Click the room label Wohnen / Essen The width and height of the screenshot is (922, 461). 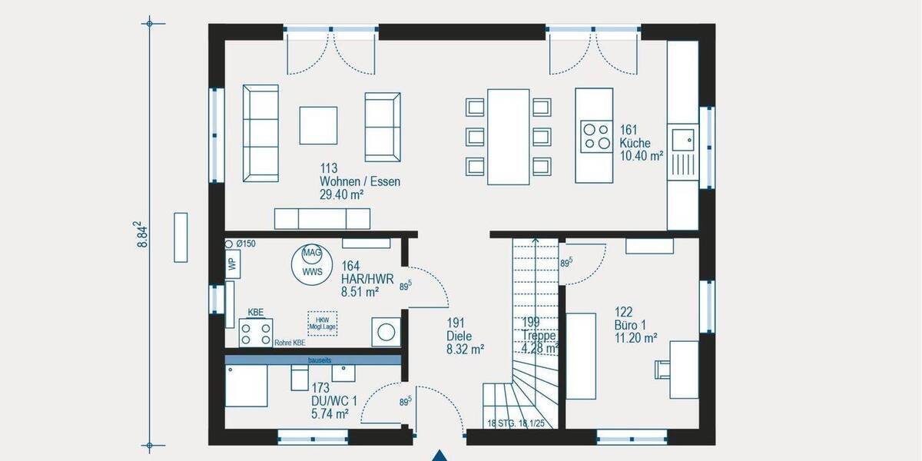[360, 182]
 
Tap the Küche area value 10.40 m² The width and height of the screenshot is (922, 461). [642, 156]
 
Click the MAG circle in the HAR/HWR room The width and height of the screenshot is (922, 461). [311, 253]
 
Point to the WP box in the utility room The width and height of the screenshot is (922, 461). [232, 263]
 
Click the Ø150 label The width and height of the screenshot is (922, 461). [246, 244]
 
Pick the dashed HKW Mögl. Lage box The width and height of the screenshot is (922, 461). [322, 322]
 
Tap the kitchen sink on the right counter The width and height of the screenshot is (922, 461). [682, 140]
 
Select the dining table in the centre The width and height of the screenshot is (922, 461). [509, 137]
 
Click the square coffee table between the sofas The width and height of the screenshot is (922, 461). [318, 124]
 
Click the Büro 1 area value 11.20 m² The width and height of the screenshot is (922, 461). [635, 337]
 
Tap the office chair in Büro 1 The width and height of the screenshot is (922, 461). [662, 370]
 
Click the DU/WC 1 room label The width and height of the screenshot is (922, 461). [334, 400]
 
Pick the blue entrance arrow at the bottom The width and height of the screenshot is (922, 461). [439, 455]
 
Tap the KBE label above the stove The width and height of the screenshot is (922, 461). [256, 313]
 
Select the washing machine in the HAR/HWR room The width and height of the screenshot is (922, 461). [386, 332]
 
